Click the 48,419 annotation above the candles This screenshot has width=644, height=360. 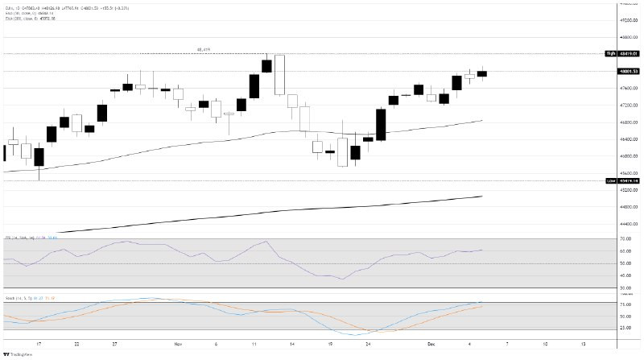pyautogui.click(x=204, y=50)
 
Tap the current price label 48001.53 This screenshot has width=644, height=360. pyautogui.click(x=623, y=72)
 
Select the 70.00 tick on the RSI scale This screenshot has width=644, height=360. pyautogui.click(x=624, y=239)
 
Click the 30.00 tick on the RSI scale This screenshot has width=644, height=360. pyautogui.click(x=624, y=288)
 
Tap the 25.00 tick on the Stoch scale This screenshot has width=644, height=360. pyautogui.click(x=624, y=329)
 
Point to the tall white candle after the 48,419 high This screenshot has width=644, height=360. pyautogui.click(x=279, y=75)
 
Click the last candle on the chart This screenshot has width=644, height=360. pyautogui.click(x=482, y=73)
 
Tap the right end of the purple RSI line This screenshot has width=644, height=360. pyautogui.click(x=482, y=250)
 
